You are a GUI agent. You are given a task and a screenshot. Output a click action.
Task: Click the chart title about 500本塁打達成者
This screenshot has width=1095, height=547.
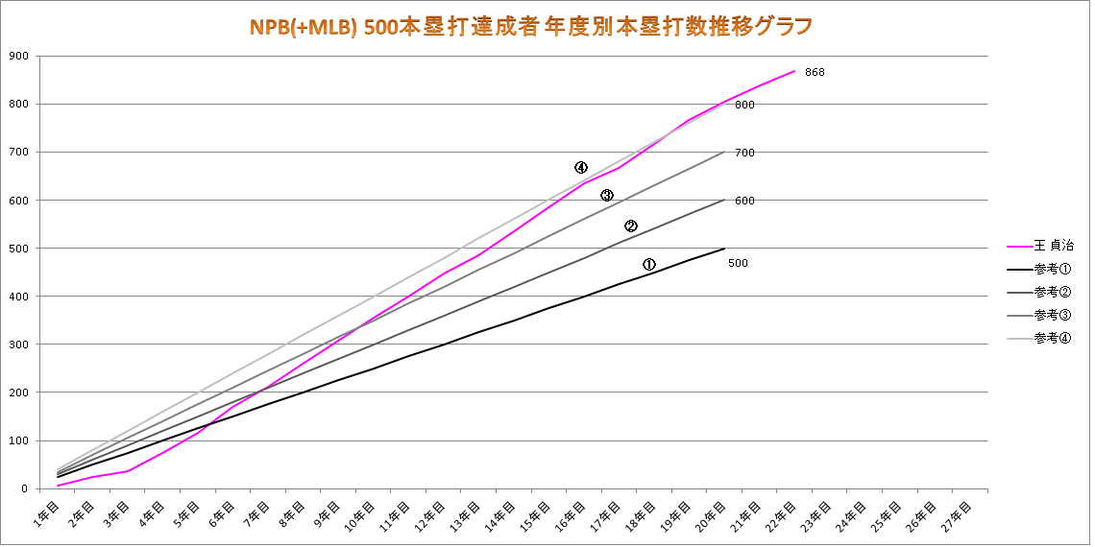tap(531, 25)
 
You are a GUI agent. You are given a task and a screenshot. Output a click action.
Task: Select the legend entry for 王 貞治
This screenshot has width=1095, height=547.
tap(1054, 246)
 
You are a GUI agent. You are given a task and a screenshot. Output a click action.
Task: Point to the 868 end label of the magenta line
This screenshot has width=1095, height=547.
tap(815, 72)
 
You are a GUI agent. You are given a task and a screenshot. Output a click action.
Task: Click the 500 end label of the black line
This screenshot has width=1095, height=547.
tap(738, 263)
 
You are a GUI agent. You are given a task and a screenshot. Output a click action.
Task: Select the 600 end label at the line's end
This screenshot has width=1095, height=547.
tap(744, 201)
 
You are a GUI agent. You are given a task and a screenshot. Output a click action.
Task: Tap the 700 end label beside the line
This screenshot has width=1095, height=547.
tap(744, 153)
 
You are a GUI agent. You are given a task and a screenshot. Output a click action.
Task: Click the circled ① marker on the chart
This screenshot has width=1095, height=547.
tap(649, 264)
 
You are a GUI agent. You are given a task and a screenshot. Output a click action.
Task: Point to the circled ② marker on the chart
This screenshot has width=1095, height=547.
tap(631, 226)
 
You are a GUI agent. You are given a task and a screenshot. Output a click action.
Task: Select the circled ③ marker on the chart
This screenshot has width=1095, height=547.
tap(607, 196)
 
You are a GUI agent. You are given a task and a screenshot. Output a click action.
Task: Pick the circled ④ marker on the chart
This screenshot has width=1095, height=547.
tap(581, 167)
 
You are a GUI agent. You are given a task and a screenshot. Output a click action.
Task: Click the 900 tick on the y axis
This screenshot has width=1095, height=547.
tap(17, 56)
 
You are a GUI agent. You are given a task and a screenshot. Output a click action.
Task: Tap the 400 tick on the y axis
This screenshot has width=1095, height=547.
tap(17, 297)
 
